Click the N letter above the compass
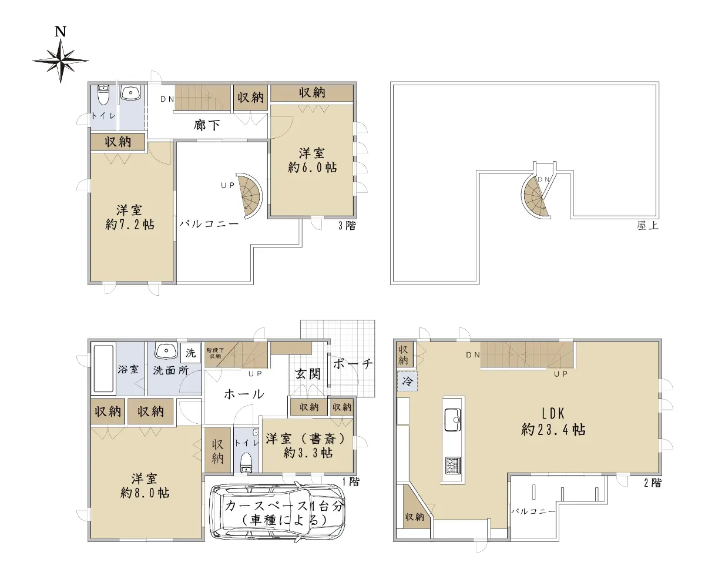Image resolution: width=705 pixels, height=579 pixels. pyautogui.click(x=60, y=31)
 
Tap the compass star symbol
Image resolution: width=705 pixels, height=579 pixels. pyautogui.click(x=61, y=61)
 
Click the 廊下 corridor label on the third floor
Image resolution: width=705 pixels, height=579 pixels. pyautogui.click(x=207, y=125)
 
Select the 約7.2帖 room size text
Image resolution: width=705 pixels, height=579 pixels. pyautogui.click(x=130, y=225)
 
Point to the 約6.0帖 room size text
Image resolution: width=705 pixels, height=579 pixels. pyautogui.click(x=312, y=168)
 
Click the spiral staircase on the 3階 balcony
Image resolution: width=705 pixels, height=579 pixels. pyautogui.click(x=249, y=196)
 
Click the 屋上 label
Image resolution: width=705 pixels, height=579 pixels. pyautogui.click(x=647, y=226)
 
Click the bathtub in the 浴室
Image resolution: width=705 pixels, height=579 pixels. pyautogui.click(x=103, y=369)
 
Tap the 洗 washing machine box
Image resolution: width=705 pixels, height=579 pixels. pyautogui.click(x=190, y=353)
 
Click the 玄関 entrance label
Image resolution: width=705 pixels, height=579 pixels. pyautogui.click(x=308, y=374)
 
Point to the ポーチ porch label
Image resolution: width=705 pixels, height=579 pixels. pyautogui.click(x=353, y=364)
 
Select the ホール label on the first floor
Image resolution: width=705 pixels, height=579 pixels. pyautogui.click(x=244, y=394)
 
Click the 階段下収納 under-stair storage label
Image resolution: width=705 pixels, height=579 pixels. pyautogui.click(x=215, y=353)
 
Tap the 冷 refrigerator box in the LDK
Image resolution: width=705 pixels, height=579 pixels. pyautogui.click(x=407, y=381)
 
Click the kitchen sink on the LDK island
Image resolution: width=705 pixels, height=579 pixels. pyautogui.click(x=452, y=420)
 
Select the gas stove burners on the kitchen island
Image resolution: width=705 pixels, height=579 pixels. pyautogui.click(x=452, y=466)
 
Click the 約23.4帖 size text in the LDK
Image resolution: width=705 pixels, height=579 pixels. pyautogui.click(x=553, y=430)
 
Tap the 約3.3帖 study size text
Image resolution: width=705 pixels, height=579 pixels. pyautogui.click(x=308, y=453)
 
